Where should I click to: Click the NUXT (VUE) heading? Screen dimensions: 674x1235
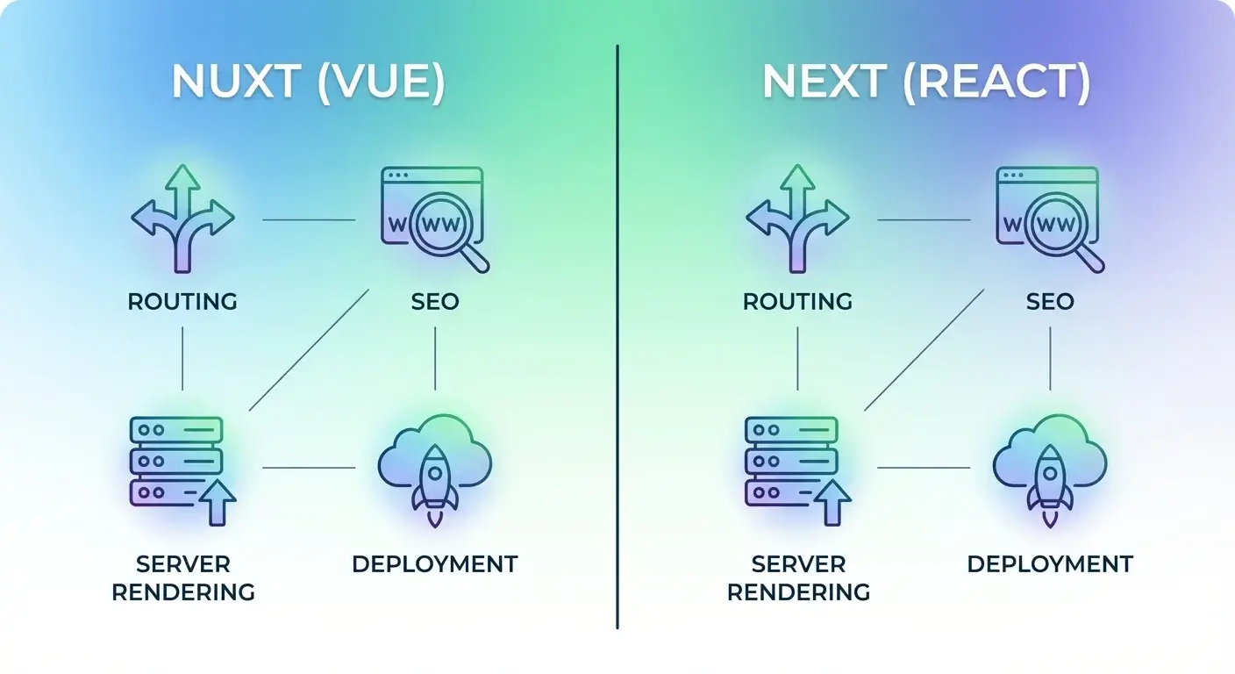click(308, 82)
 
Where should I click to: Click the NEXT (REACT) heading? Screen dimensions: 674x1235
click(925, 82)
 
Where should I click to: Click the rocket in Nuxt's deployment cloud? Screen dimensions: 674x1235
click(435, 483)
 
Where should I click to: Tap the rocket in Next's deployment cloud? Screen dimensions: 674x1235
click(1050, 483)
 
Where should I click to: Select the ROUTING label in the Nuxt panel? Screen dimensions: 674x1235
click(182, 302)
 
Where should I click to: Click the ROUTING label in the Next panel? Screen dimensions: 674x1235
click(797, 302)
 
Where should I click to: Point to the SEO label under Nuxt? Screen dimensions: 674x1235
click(435, 302)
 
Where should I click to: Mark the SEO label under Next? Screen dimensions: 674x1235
click(1050, 302)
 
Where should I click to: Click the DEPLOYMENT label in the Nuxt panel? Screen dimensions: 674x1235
click(435, 563)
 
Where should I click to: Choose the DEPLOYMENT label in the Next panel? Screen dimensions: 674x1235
click(1050, 563)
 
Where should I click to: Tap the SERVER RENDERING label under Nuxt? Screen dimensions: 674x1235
click(183, 577)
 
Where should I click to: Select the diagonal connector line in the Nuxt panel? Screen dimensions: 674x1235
click(309, 350)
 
